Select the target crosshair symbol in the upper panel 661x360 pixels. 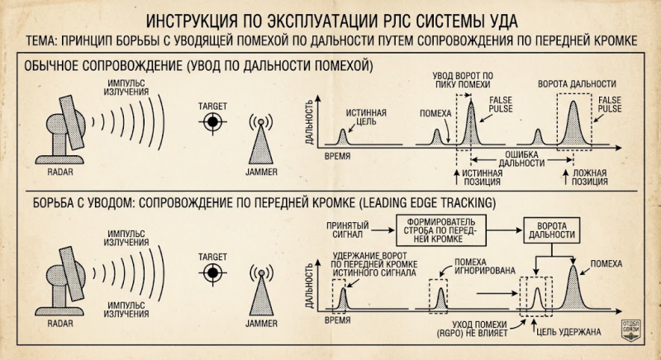[x=212, y=122]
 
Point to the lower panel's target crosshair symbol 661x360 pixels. [x=212, y=272]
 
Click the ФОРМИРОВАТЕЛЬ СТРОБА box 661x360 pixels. [x=440, y=230]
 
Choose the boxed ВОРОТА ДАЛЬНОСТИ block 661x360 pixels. [x=551, y=230]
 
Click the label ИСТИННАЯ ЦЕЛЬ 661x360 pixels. [x=366, y=117]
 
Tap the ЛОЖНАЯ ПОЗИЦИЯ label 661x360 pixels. [x=589, y=178]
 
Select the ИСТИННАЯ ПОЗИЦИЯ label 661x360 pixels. [x=483, y=178]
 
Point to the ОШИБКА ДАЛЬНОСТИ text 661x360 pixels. [x=522, y=159]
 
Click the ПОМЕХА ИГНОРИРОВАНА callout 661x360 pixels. [x=485, y=266]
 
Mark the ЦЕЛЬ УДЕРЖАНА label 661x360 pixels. [x=568, y=332]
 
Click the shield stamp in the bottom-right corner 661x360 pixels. [x=630, y=330]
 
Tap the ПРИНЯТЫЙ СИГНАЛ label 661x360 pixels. [x=348, y=230]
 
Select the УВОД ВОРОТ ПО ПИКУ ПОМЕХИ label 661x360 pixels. [x=463, y=80]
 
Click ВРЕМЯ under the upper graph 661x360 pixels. [x=337, y=156]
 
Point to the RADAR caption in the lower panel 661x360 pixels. [x=59, y=324]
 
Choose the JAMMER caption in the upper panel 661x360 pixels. [x=261, y=172]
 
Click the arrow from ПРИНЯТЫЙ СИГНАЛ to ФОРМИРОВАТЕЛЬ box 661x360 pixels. [x=383, y=230]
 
